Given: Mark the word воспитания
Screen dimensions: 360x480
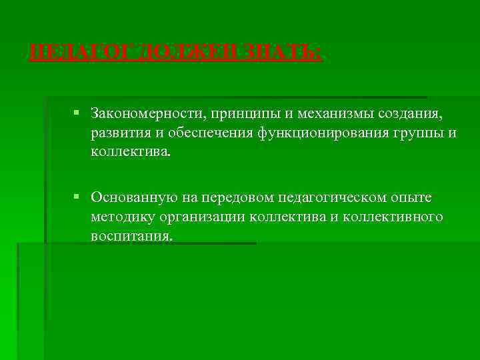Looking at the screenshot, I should [x=132, y=237].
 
